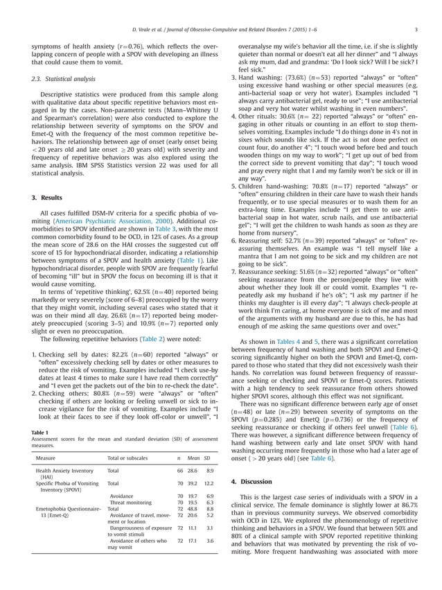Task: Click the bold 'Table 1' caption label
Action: click(x=40, y=433)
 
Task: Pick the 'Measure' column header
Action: click(x=46, y=459)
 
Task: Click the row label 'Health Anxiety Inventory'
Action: click(x=64, y=470)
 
